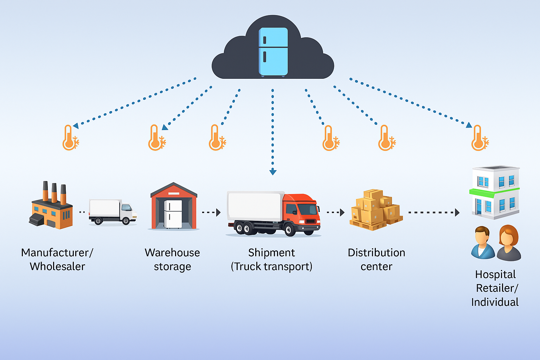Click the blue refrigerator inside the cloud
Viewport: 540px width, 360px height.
pos(273,52)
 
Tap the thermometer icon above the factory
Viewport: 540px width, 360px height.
pos(69,138)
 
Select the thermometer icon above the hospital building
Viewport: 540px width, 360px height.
pos(478,138)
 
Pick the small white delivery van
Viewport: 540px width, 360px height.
pos(112,212)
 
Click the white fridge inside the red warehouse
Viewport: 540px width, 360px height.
pos(173,214)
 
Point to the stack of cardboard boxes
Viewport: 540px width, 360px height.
pos(375,210)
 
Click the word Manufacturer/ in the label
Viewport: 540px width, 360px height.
pos(57,253)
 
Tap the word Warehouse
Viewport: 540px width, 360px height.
pos(172,253)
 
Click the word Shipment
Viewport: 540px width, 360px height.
pos(271,253)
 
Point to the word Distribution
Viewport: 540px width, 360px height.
pos(376,253)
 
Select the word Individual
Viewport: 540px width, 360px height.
pos(495,302)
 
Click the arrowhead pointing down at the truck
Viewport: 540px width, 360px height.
pos(273,172)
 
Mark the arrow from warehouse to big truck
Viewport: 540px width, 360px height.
pos(211,212)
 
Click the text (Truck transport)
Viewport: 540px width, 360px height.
pos(271,266)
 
